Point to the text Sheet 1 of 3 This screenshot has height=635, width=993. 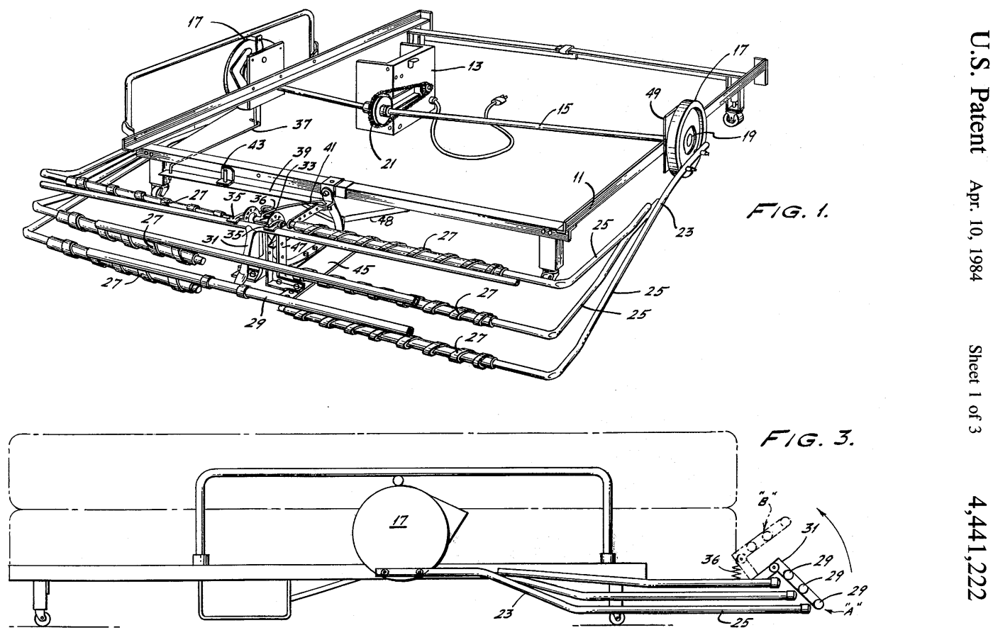click(975, 389)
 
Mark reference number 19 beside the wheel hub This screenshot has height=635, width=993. click(748, 136)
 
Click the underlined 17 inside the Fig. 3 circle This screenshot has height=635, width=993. click(399, 520)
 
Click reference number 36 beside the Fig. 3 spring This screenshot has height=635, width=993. click(711, 560)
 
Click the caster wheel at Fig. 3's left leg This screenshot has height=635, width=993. click(42, 618)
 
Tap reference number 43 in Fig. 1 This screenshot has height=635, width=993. click(256, 145)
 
